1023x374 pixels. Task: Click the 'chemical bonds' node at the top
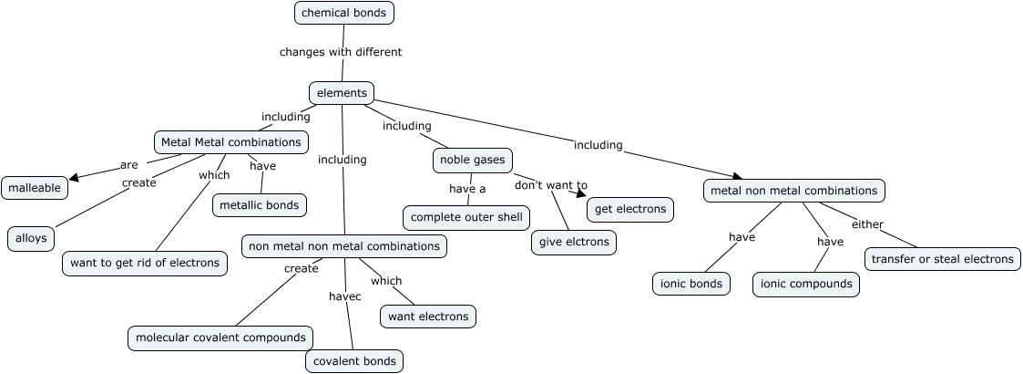click(x=344, y=13)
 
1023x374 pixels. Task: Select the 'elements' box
click(x=342, y=93)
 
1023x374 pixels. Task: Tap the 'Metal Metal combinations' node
click(x=230, y=142)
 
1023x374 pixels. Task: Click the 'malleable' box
click(x=35, y=189)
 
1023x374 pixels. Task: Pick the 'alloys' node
click(x=31, y=239)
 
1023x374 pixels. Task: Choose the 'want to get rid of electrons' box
click(x=145, y=264)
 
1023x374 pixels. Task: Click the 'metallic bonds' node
click(x=260, y=205)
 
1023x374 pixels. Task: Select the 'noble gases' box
click(x=472, y=161)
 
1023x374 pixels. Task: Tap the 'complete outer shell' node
click(x=466, y=217)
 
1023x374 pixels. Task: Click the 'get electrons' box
click(x=630, y=210)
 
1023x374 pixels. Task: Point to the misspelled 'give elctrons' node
click(x=574, y=243)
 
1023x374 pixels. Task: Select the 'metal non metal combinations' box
click(x=793, y=191)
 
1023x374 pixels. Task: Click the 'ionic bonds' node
click(x=692, y=284)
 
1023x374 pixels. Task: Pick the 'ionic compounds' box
click(x=806, y=284)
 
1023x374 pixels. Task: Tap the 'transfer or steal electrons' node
click(x=943, y=259)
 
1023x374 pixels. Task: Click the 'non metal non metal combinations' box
click(x=344, y=246)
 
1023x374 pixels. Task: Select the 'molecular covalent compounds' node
click(x=220, y=338)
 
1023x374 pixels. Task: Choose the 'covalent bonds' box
click(x=354, y=361)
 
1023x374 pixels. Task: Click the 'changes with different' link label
click(x=341, y=52)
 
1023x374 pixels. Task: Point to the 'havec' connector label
click(x=345, y=296)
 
